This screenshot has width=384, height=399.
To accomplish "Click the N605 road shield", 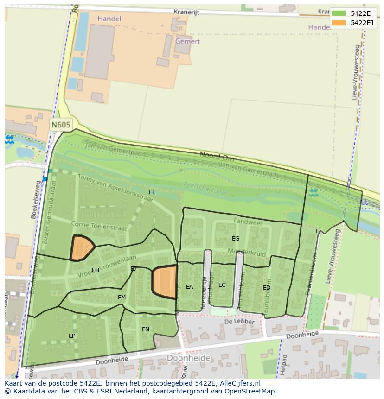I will [x=61, y=125].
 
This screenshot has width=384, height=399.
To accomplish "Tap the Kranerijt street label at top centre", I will [x=186, y=12].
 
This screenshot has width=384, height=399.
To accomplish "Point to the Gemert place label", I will [x=188, y=41].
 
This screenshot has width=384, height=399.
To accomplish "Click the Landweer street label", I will [x=248, y=222].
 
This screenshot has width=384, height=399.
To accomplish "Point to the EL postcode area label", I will [x=152, y=192].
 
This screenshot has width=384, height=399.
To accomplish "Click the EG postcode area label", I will [x=236, y=238].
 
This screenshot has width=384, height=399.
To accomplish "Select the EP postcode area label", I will [x=72, y=336].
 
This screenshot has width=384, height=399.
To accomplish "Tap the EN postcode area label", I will [x=145, y=329].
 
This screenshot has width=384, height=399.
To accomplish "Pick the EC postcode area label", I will [x=222, y=285].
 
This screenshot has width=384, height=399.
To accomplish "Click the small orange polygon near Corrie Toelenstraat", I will [x=82, y=248].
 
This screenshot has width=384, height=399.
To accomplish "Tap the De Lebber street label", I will [x=239, y=322].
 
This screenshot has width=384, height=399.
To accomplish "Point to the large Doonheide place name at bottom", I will [x=188, y=358].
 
